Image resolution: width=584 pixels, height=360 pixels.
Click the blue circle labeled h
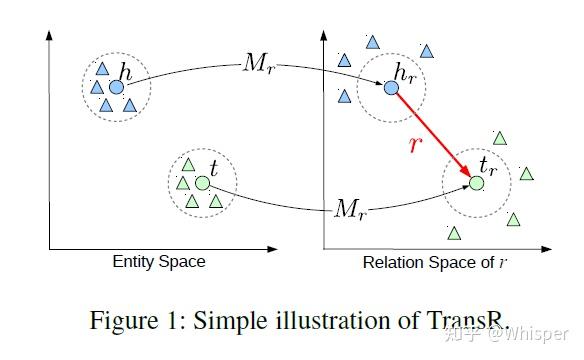pos(116,88)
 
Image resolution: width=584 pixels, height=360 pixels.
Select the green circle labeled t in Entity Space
pos(202,184)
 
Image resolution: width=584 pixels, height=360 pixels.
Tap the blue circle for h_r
pos(392,88)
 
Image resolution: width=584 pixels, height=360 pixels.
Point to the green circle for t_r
pos(477,183)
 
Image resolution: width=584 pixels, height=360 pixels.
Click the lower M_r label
pos(350,209)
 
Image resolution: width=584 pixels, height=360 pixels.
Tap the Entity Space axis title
pos(158,262)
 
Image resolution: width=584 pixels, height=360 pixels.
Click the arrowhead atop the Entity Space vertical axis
pos(49,34)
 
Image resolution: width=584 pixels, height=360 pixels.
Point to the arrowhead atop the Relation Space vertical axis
pos(323,34)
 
